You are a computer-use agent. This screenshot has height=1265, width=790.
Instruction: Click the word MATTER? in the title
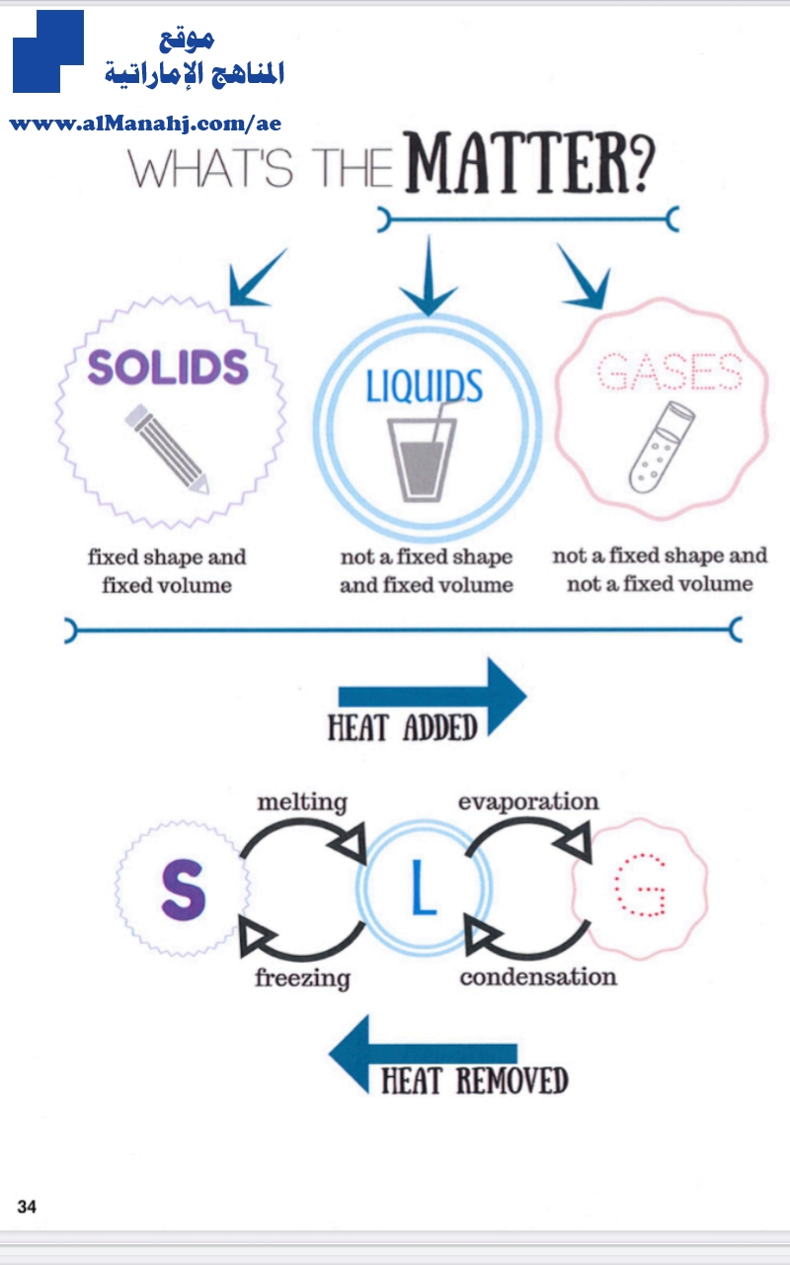[x=529, y=163]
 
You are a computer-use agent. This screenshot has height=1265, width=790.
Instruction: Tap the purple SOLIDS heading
[x=168, y=367]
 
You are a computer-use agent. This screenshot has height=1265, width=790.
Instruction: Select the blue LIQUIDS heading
[x=425, y=385]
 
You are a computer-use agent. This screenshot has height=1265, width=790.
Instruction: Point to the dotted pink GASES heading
[x=670, y=371]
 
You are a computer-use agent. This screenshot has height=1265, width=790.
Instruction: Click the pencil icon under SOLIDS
[x=167, y=449]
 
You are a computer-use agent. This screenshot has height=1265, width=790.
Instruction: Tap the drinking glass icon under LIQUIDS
[x=422, y=453]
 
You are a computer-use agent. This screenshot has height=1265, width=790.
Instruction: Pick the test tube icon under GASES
[x=662, y=447]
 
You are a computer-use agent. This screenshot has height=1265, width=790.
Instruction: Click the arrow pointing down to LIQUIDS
[x=429, y=276]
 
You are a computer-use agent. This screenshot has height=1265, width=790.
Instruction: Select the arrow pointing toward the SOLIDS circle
[x=258, y=278]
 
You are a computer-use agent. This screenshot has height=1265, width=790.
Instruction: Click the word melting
[x=302, y=802]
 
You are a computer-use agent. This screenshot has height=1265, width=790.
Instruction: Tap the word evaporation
[x=528, y=801]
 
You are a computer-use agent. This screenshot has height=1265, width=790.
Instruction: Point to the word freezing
[x=302, y=978]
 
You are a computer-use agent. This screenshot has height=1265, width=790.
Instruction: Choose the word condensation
[x=538, y=977]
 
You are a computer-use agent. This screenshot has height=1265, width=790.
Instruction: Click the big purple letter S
[x=184, y=889]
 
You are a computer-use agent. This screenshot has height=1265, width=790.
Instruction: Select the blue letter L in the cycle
[x=424, y=887]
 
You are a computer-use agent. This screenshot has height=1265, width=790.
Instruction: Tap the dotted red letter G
[x=640, y=885]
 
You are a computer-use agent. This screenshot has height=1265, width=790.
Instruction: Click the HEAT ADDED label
[x=403, y=727]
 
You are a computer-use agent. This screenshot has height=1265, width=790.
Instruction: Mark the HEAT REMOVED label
[x=475, y=1080]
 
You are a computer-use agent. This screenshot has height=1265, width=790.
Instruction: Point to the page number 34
[x=27, y=1207]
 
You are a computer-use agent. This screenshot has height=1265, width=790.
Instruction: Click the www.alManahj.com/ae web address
[x=145, y=124]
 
